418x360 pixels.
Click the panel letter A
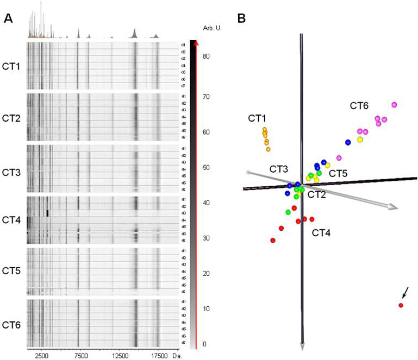click(9, 18)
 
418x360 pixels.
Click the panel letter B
click(242, 18)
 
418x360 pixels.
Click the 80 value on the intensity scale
click(207, 56)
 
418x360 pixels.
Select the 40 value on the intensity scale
click(207, 203)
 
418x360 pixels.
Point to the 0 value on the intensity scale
click(204, 344)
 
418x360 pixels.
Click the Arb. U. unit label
click(205, 27)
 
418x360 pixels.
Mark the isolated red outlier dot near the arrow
click(401, 306)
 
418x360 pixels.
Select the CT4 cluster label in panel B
click(322, 233)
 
